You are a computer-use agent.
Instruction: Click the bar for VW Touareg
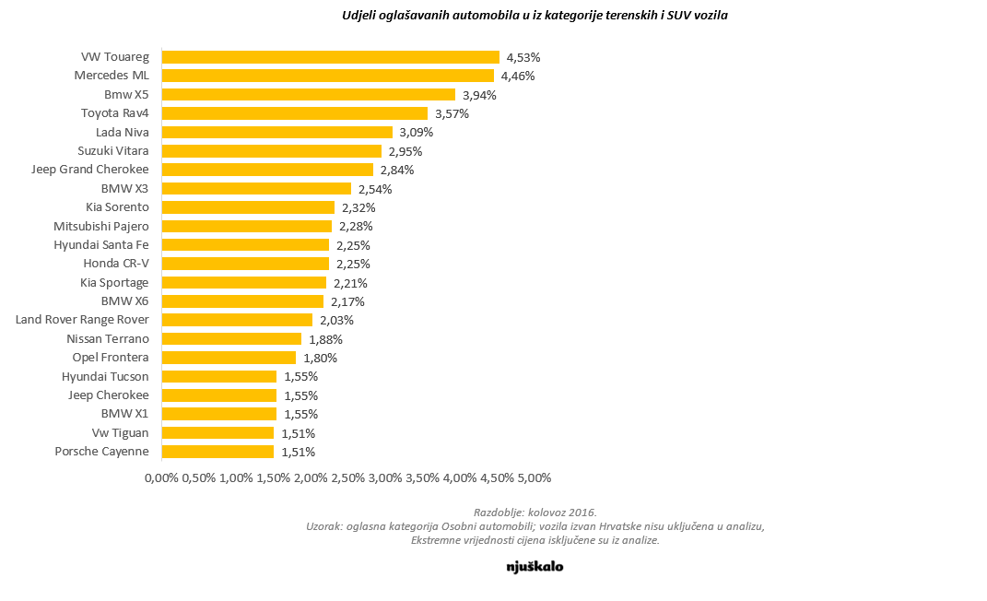330,57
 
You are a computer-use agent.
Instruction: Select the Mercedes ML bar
327,76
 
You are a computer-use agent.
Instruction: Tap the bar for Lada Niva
276,132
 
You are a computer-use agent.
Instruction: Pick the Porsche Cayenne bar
217,452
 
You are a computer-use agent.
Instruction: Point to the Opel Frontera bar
229,358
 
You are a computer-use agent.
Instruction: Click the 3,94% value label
479,95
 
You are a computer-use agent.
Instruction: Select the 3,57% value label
452,113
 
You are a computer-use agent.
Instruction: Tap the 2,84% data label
397,170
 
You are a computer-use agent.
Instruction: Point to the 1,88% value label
325,339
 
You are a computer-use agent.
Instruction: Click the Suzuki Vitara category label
113,151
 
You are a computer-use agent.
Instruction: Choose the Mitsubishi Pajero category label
101,226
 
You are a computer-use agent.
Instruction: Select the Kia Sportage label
114,283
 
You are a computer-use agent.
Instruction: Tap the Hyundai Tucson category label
105,376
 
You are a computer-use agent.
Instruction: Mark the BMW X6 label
124,301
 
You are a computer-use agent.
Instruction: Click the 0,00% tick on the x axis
161,478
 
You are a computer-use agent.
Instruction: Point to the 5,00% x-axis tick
534,478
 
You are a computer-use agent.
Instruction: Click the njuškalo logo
535,567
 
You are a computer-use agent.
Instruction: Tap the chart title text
535,15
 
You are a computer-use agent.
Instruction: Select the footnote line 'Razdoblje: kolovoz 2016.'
535,512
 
